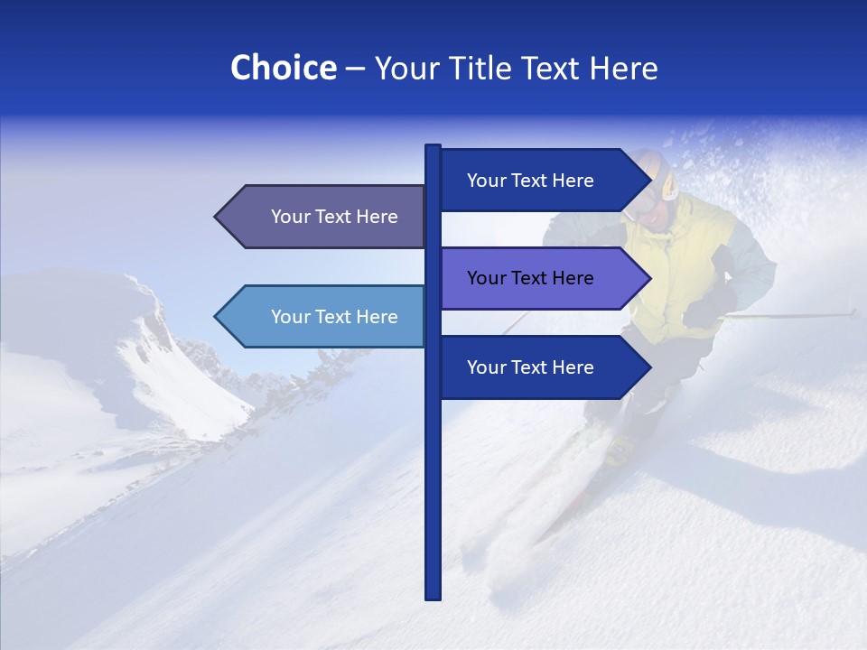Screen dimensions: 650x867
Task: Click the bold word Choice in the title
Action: [x=283, y=68]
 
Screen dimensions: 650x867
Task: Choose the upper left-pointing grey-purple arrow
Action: [x=325, y=217]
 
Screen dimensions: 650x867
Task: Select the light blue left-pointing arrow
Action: [x=325, y=317]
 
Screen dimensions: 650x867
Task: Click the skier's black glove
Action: [x=703, y=311]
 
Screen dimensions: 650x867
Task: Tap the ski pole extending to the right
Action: [x=795, y=315]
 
